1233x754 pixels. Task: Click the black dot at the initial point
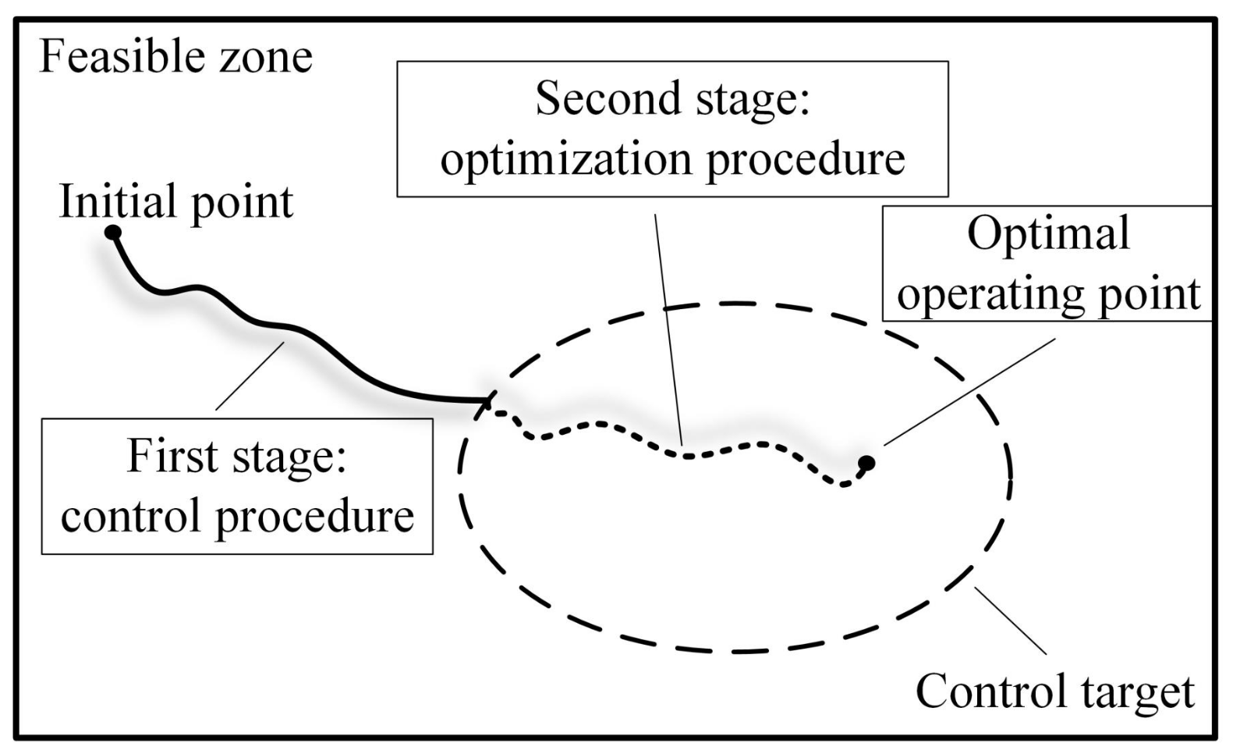click(x=113, y=232)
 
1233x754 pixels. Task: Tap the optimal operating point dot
click(x=866, y=463)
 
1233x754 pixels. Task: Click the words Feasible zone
click(x=175, y=57)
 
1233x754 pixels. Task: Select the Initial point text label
click(x=176, y=201)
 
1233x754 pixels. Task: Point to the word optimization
click(x=565, y=159)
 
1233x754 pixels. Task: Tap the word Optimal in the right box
click(x=1048, y=233)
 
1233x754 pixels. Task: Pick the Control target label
click(x=1054, y=692)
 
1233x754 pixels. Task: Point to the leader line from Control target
click(x=1012, y=621)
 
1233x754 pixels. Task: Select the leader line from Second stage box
click(x=669, y=328)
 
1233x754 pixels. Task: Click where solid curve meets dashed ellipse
click(x=486, y=402)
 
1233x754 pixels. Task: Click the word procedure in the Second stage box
click(x=806, y=159)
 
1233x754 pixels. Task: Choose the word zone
click(x=265, y=57)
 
